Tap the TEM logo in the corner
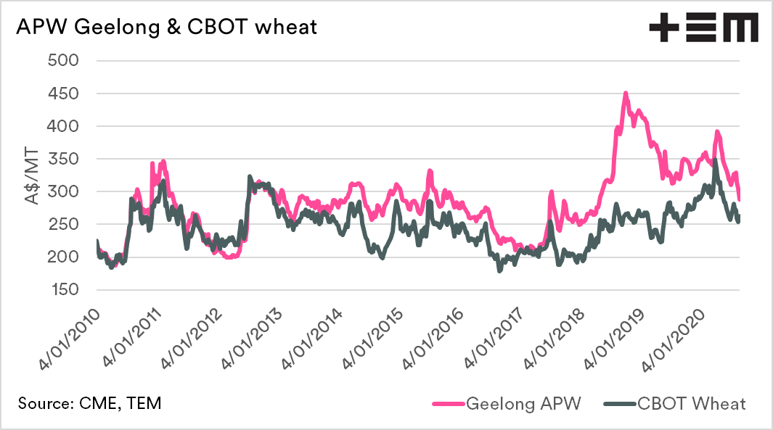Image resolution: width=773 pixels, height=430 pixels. pos(703,28)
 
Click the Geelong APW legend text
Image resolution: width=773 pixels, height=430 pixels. pos(523,403)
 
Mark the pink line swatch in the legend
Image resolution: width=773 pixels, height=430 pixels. pos(448,404)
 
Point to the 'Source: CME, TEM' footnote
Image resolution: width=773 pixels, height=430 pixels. pos(91,403)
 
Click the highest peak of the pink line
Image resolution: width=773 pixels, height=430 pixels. pos(625,94)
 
